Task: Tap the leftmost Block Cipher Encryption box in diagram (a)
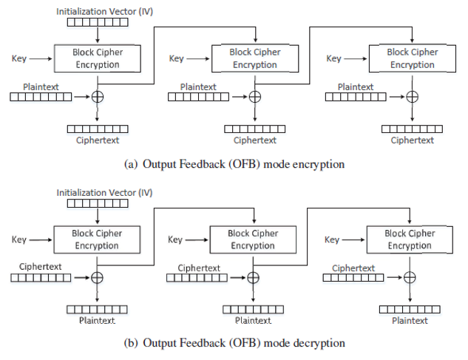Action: coord(96,58)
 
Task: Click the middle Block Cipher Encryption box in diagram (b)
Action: coord(253,240)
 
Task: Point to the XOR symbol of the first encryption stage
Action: coord(97,97)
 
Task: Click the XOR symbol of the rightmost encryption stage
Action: coord(412,96)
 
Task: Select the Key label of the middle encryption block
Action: coord(177,58)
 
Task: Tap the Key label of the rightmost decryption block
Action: coord(333,240)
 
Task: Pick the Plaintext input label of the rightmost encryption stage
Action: coord(356,86)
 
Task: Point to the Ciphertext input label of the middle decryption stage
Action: coord(199,268)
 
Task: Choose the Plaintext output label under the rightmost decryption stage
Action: coord(410,320)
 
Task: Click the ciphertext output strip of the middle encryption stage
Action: coord(254,129)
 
